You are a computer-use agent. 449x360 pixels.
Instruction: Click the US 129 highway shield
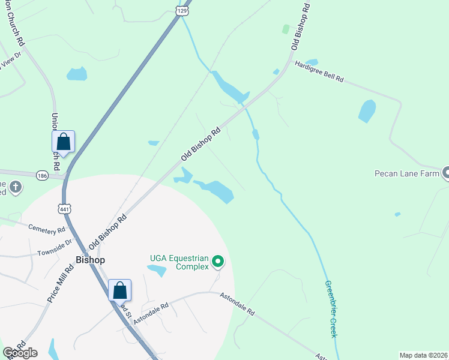click(x=184, y=11)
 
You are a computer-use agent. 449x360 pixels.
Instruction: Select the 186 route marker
click(x=41, y=175)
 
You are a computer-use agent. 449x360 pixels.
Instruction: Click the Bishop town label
click(x=91, y=260)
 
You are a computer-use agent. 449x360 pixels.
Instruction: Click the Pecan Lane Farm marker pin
click(x=446, y=173)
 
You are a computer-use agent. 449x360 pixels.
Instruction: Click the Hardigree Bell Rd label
click(x=319, y=71)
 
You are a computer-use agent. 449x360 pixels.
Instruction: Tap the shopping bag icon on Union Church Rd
click(x=64, y=142)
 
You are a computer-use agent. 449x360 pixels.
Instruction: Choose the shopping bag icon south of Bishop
click(x=119, y=290)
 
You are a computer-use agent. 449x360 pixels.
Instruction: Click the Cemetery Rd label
click(x=46, y=229)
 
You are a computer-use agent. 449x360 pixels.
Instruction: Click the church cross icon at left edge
click(x=16, y=187)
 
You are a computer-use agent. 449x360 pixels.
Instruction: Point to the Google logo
click(x=20, y=353)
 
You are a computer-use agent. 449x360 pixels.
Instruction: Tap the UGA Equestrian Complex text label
click(x=179, y=262)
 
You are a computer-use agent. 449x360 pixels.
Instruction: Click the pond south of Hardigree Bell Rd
click(x=366, y=112)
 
